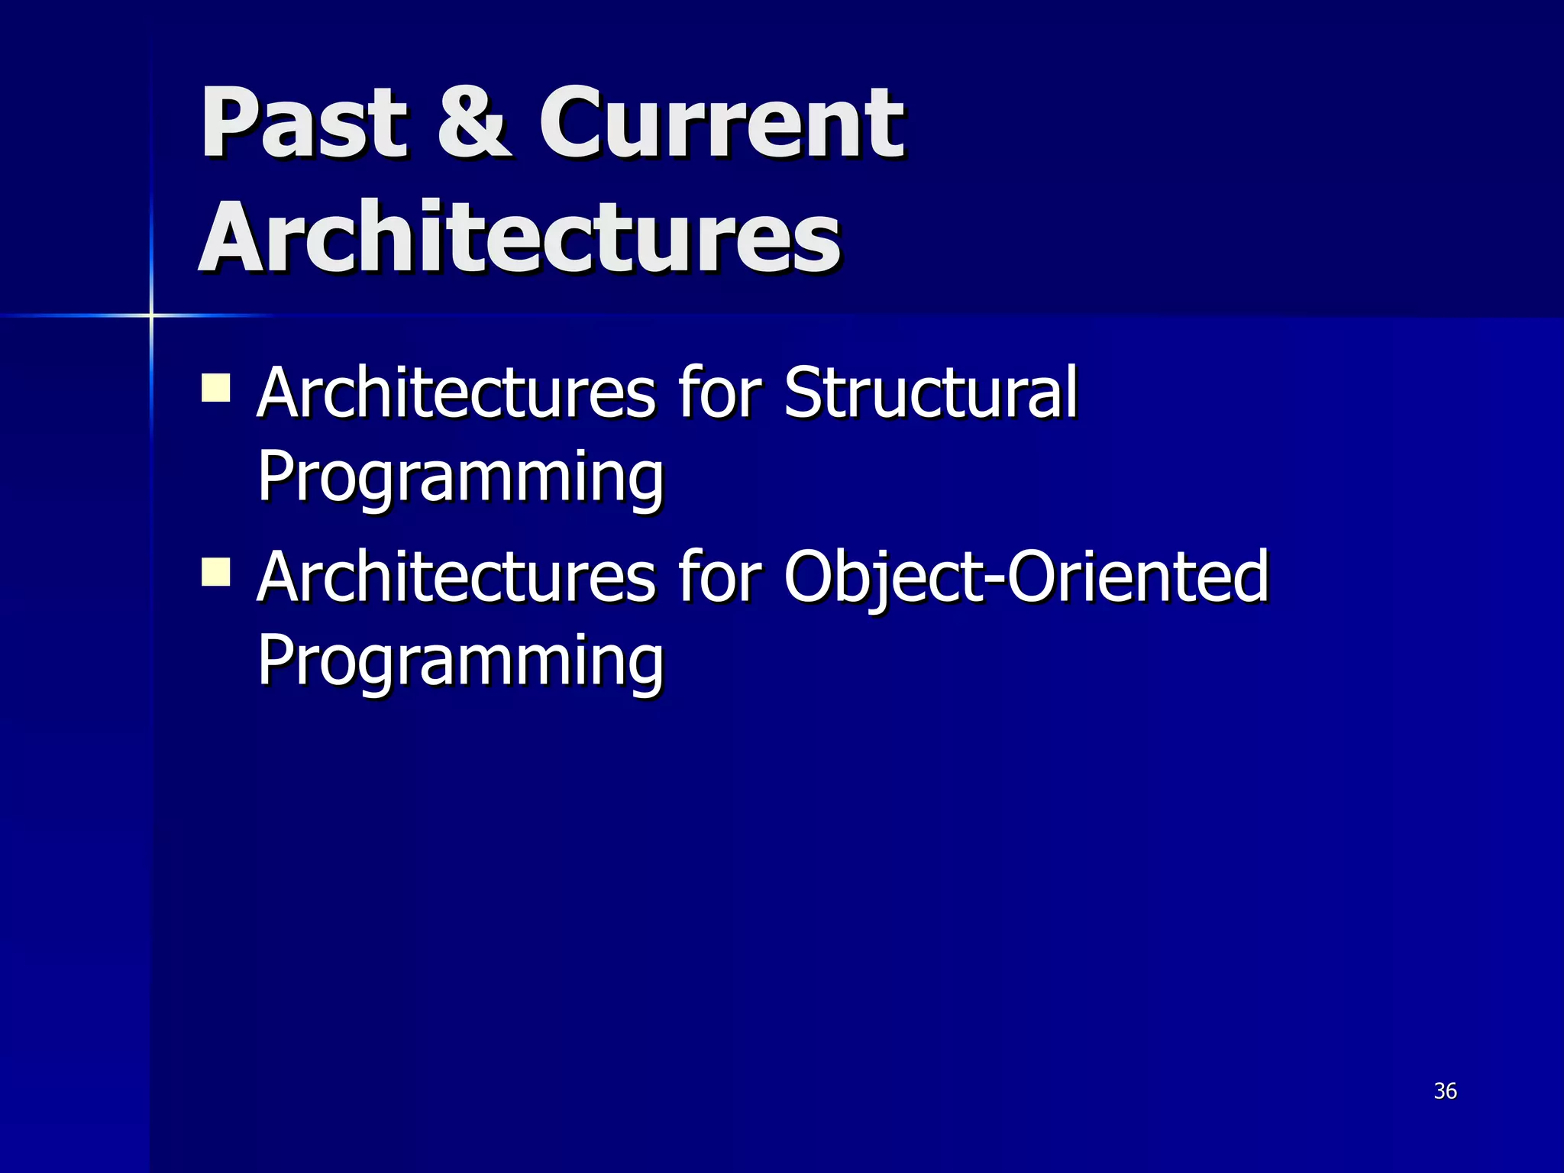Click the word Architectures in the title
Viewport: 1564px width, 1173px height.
coord(519,237)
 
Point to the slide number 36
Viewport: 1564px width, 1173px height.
coord(1445,1091)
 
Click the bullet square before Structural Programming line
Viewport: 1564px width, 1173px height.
coord(216,387)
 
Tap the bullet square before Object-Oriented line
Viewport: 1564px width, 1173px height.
coord(216,571)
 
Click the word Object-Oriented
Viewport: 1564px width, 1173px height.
coord(1026,577)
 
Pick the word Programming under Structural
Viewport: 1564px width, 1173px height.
coord(460,477)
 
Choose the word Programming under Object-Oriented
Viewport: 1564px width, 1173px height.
coord(460,661)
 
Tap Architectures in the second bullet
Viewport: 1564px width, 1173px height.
coord(455,577)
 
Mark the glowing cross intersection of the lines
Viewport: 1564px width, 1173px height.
coord(151,315)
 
